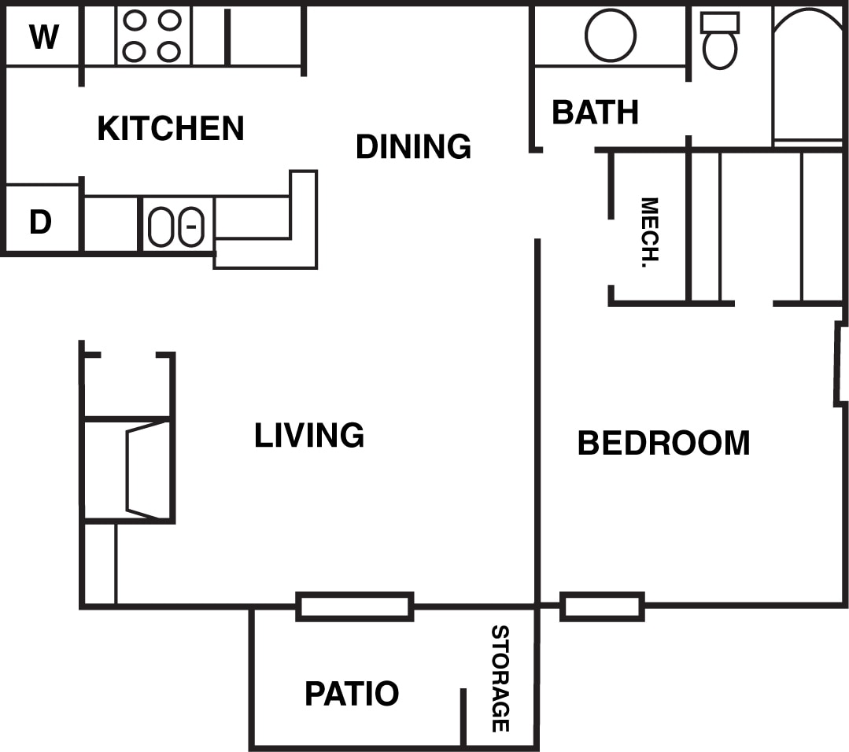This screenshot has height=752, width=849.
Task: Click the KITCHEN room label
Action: [x=170, y=128]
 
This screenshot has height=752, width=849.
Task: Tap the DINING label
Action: [x=413, y=146]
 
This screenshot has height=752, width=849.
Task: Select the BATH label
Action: [x=595, y=112]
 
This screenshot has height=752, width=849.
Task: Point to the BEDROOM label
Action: [x=663, y=443]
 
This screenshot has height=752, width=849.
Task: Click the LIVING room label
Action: [x=309, y=435]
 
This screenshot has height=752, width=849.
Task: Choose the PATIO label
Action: [x=352, y=694]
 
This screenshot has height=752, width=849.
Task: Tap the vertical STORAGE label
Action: [x=500, y=678]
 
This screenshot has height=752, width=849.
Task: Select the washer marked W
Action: [x=43, y=36]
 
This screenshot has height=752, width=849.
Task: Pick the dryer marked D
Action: [x=40, y=223]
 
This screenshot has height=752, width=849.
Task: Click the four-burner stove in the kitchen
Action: [x=152, y=36]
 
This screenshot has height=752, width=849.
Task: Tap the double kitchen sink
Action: [x=177, y=226]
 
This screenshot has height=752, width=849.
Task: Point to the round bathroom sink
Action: [x=611, y=35]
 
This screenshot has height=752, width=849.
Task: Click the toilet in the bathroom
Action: [x=720, y=41]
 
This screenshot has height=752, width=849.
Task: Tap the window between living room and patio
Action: [x=355, y=606]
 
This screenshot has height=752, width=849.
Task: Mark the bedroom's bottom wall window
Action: [x=602, y=606]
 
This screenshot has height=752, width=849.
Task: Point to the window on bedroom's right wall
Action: [x=840, y=365]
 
